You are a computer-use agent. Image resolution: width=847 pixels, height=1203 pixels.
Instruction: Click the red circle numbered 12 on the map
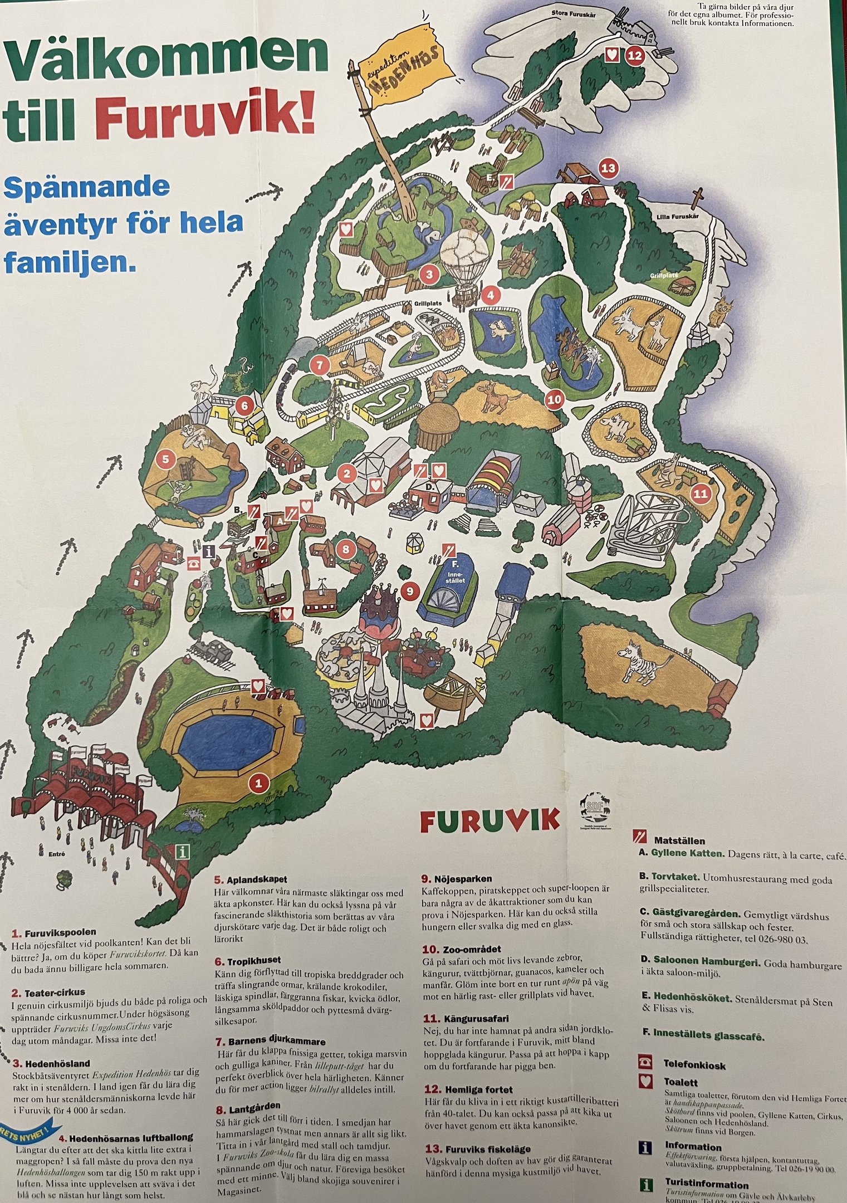coord(635,55)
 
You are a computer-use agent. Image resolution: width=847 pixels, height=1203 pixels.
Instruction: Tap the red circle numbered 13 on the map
coord(608,168)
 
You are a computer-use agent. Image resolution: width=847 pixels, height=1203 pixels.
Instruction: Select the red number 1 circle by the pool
coord(258,783)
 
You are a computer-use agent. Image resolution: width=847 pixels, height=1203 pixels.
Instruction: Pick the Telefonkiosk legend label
coord(694,1065)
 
